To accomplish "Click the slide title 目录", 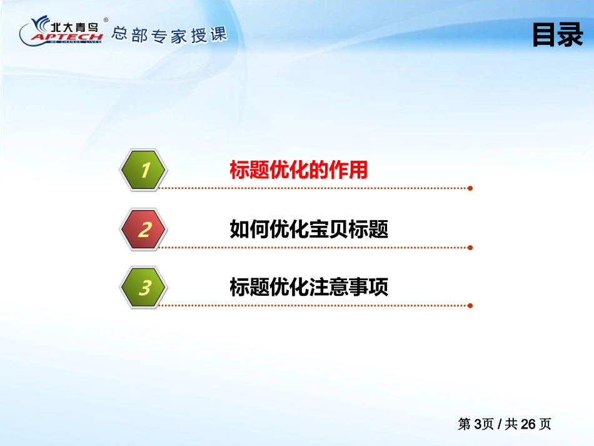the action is pyautogui.click(x=558, y=34).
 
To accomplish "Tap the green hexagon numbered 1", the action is pyautogui.click(x=144, y=170).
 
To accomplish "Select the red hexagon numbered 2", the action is pyautogui.click(x=144, y=229).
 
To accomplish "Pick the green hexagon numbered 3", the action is pyautogui.click(x=144, y=287).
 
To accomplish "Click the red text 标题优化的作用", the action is pyautogui.click(x=298, y=170).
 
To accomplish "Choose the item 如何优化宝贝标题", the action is pyautogui.click(x=309, y=229).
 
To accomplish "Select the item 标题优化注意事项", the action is pyautogui.click(x=309, y=287).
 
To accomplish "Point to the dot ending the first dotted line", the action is pyautogui.click(x=470, y=188).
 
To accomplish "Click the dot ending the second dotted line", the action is pyautogui.click(x=470, y=248).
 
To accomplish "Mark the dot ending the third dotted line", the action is pyautogui.click(x=470, y=306).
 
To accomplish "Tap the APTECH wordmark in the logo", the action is pyautogui.click(x=68, y=37).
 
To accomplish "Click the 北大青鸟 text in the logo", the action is pyautogui.click(x=74, y=27).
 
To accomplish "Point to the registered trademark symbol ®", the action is pyautogui.click(x=106, y=20).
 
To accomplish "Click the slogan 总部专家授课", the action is pyautogui.click(x=169, y=35).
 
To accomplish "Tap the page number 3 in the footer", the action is pyautogui.click(x=478, y=424).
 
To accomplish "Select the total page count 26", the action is pyautogui.click(x=528, y=424).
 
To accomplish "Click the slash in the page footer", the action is pyautogui.click(x=500, y=424).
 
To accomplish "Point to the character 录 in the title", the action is pyautogui.click(x=571, y=34).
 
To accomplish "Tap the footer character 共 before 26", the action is pyautogui.click(x=511, y=424).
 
